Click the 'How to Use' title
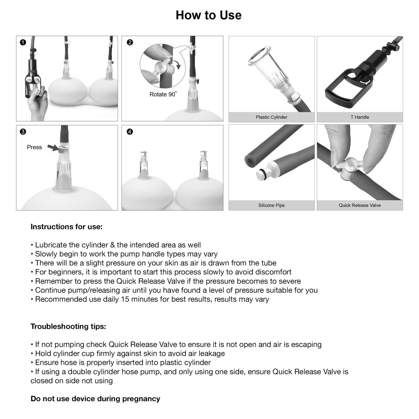[208, 15]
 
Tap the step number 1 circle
[23, 43]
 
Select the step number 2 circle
[130, 43]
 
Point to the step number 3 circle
[23, 132]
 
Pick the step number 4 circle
[130, 132]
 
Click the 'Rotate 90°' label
[163, 94]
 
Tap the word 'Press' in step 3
[34, 147]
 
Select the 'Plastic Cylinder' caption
[271, 117]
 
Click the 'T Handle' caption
[360, 117]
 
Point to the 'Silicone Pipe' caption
[271, 205]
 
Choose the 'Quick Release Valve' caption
[360, 205]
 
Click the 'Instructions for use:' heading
[66, 227]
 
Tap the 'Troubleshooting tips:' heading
[68, 327]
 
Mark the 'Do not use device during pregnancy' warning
[95, 399]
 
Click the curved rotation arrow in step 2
[178, 64]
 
